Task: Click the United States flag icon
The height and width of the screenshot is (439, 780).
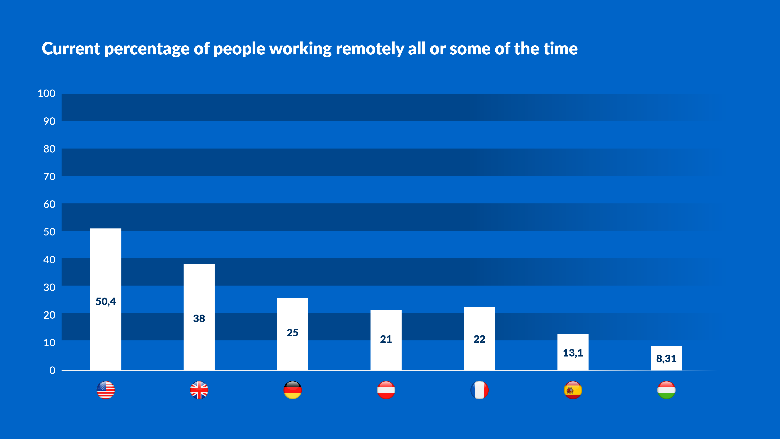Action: tap(106, 390)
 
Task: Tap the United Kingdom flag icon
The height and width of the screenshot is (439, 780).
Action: tap(199, 390)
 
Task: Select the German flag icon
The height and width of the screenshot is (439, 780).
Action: tap(293, 390)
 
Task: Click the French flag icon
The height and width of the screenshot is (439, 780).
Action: tap(479, 390)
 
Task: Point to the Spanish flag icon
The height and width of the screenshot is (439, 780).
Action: tap(573, 390)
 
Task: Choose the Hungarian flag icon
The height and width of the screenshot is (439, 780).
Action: tap(666, 390)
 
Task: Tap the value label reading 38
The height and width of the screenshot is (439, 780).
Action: tap(199, 318)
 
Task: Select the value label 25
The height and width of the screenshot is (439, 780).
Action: tap(293, 333)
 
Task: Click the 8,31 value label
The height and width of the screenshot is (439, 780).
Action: tap(666, 359)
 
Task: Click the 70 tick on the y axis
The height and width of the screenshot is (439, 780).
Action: tap(49, 177)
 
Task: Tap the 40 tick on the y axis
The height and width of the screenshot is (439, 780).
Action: tap(49, 260)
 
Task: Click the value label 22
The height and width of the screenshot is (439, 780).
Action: tap(479, 339)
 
